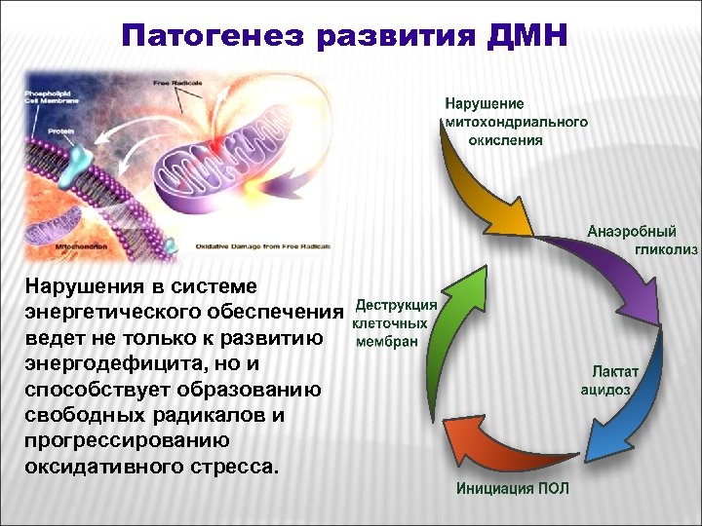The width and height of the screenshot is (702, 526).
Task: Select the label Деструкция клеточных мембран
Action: click(393, 322)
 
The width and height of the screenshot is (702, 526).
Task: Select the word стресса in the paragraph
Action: click(233, 466)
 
